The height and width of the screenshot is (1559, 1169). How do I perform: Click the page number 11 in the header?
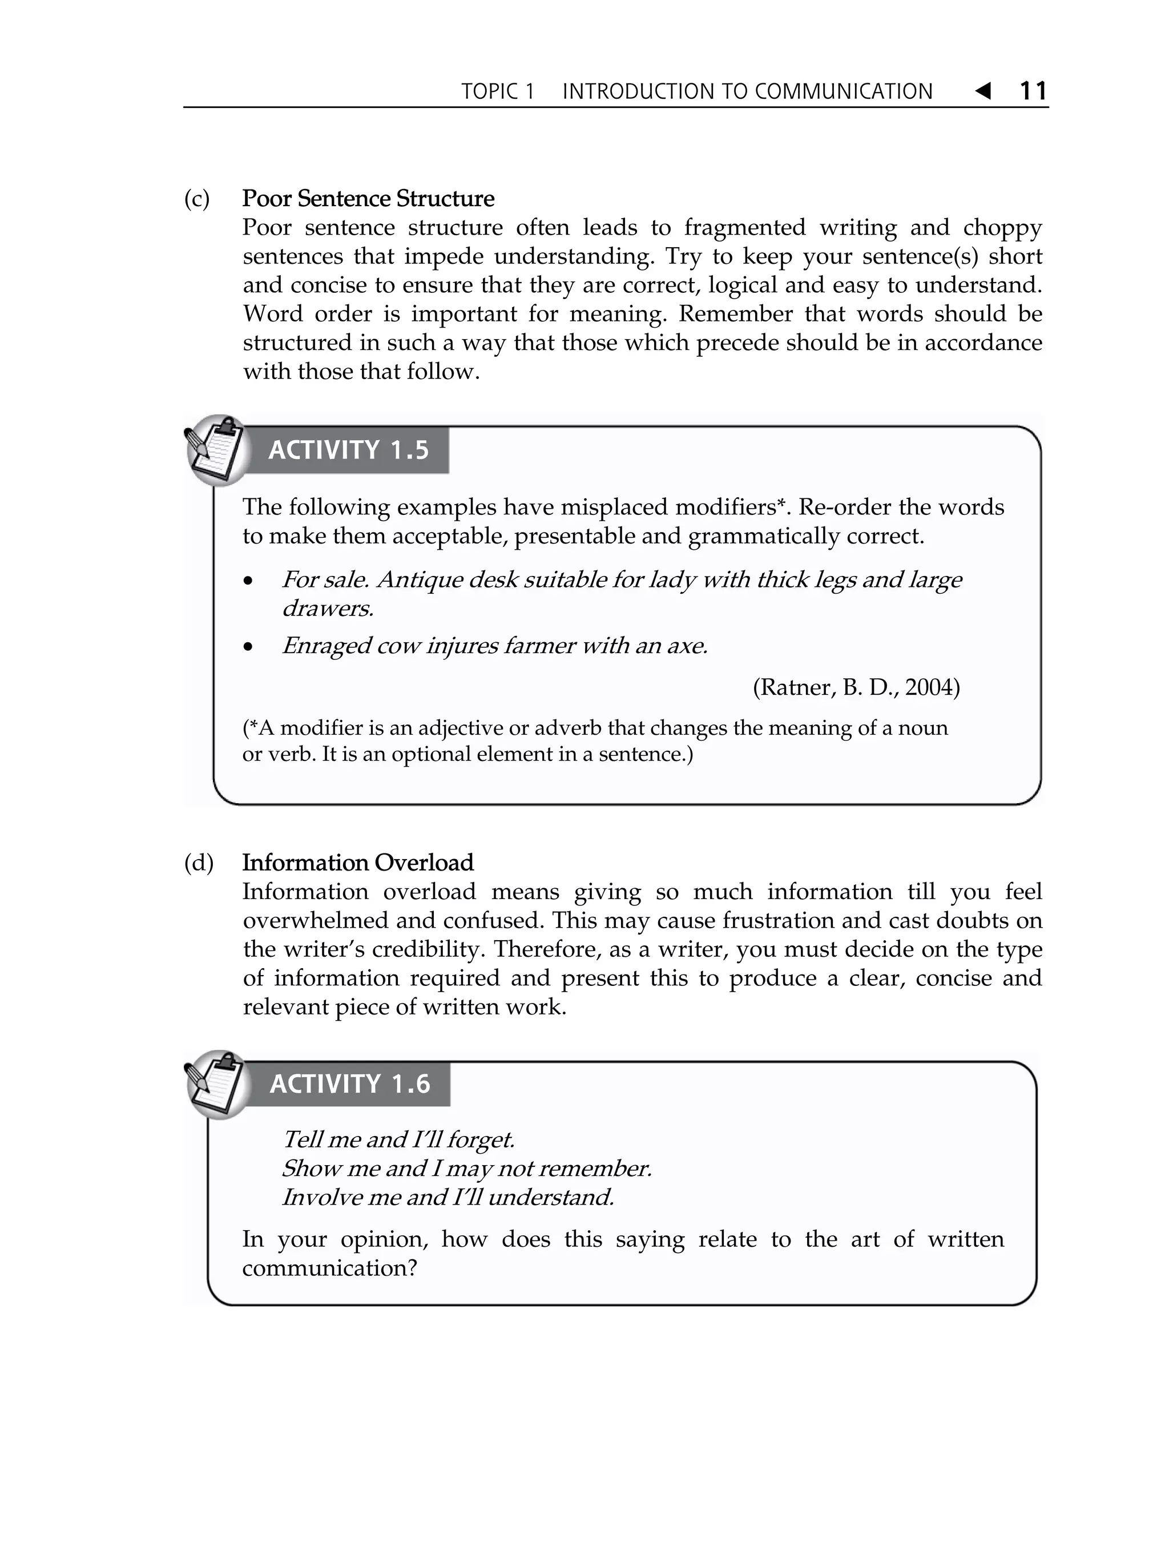click(x=1033, y=91)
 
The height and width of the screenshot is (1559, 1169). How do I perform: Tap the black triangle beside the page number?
click(x=983, y=91)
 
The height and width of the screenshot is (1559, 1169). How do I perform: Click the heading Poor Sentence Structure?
click(x=368, y=199)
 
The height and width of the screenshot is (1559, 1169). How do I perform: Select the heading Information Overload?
click(x=357, y=863)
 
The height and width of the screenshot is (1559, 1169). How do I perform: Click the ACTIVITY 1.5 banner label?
click(x=348, y=450)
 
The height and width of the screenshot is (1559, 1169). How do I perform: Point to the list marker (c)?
click(x=196, y=199)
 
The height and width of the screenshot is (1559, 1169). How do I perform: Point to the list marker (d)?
click(x=198, y=863)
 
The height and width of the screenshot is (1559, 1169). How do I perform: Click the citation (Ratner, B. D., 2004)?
click(x=856, y=687)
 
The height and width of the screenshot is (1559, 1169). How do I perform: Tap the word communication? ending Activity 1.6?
click(x=330, y=1268)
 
